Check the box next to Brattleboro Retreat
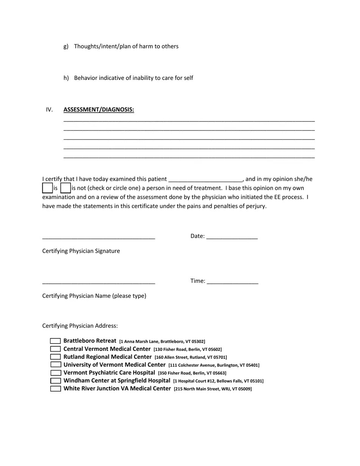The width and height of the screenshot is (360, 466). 55,341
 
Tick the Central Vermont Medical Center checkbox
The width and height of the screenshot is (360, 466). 55,349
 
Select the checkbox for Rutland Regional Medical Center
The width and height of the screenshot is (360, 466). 55,357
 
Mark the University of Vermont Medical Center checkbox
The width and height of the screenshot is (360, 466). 55,365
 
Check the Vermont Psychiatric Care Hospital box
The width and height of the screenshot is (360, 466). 55,373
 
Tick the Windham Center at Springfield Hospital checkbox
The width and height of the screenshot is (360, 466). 55,381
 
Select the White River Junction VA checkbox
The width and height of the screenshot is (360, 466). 55,389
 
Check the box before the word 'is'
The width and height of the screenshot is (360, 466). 47,188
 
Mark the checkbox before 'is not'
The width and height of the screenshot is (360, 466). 66,188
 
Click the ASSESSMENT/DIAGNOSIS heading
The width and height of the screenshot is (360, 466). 99,110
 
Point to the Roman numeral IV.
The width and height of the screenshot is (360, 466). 49,110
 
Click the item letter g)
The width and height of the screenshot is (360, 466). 66,47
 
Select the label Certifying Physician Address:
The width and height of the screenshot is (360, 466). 80,326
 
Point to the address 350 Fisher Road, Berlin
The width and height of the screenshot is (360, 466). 192,373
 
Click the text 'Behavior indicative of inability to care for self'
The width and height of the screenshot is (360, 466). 133,78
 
